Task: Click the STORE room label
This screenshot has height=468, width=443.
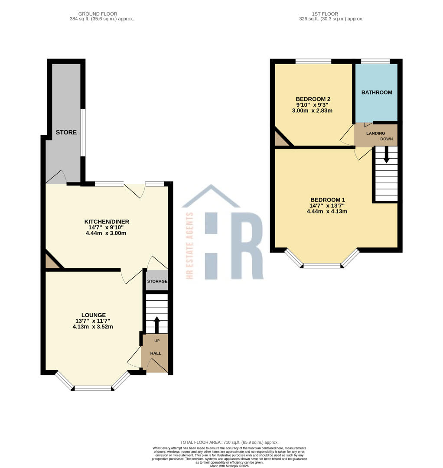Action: [x=66, y=132]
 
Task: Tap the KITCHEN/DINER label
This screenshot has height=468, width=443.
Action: [x=107, y=221]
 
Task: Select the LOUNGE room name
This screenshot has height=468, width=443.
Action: [x=93, y=315]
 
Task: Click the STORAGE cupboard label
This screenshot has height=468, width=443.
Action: [x=157, y=282]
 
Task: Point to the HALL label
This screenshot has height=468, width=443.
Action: [x=156, y=354]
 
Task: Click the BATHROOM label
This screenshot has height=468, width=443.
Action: [x=377, y=92]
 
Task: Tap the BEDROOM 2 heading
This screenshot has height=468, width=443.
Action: [x=313, y=99]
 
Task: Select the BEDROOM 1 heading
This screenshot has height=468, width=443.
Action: [x=327, y=200]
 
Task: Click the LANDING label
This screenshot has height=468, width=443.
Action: [x=375, y=133]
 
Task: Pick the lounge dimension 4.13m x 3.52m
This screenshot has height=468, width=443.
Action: [x=93, y=327]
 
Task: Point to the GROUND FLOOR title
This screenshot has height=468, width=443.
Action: [x=98, y=14]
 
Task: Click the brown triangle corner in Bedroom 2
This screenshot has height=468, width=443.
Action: [x=280, y=140]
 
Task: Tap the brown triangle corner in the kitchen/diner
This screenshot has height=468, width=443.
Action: [x=51, y=262]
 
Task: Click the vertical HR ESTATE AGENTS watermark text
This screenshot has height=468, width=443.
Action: [x=189, y=245]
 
